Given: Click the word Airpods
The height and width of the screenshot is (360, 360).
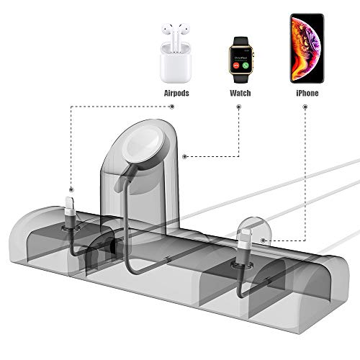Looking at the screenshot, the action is [x=176, y=93].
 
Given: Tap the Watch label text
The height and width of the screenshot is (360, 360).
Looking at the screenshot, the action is [x=240, y=93].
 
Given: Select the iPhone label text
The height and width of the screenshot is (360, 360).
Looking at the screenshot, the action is [x=307, y=93].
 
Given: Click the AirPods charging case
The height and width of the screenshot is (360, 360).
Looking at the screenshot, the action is [x=176, y=63].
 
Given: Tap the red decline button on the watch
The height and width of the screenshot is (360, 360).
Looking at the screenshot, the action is [x=236, y=66].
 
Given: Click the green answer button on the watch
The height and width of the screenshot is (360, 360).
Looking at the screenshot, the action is [x=246, y=66].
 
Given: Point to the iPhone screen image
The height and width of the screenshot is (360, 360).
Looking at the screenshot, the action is [x=307, y=48].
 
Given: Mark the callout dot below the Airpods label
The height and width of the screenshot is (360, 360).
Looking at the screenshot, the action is [x=172, y=107].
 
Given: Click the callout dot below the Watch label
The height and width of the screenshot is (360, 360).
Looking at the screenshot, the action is [x=239, y=107].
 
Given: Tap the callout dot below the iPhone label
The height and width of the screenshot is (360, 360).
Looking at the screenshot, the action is [x=305, y=107].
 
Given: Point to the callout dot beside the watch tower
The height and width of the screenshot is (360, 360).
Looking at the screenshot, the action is [x=184, y=157].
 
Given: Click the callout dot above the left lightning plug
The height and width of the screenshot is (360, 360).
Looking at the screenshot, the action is [x=71, y=189].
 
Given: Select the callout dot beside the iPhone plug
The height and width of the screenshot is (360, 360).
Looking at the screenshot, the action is [x=264, y=240].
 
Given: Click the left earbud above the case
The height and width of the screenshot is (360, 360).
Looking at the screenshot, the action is [x=168, y=32].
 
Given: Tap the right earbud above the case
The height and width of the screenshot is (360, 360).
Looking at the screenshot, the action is [x=183, y=32].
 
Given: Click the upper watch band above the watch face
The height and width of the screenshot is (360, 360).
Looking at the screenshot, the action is [x=240, y=41].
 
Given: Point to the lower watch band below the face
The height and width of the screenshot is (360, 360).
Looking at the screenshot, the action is [x=241, y=78].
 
